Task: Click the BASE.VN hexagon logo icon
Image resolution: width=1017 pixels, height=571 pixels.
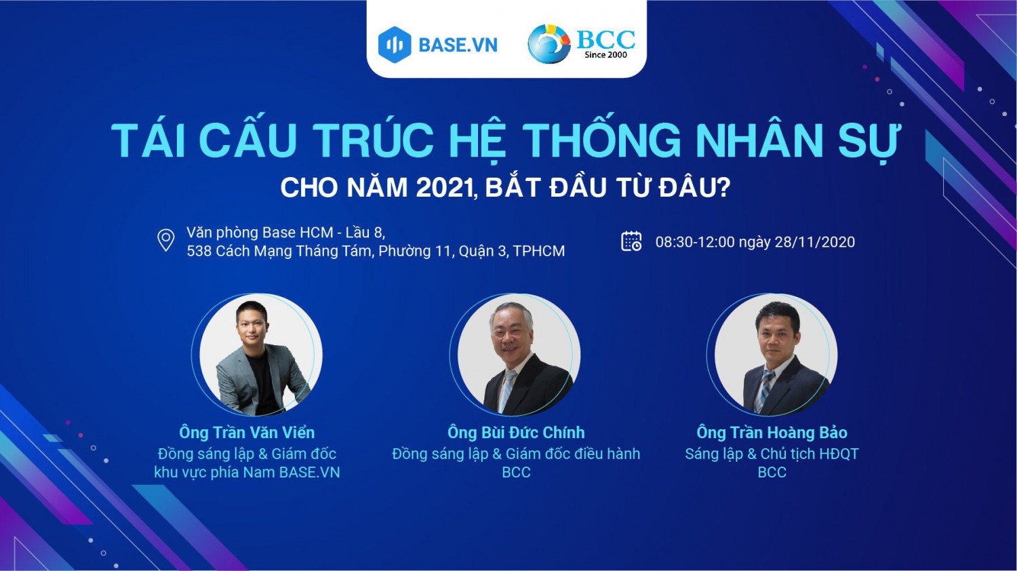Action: coord(395,45)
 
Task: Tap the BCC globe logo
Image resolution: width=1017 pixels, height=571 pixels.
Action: coord(549,44)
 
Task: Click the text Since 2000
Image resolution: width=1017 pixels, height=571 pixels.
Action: coord(605,55)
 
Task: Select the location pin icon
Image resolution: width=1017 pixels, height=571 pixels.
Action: coord(165,241)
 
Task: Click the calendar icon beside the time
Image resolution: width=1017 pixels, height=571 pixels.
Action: coord(631,241)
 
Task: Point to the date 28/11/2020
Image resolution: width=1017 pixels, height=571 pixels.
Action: coord(814,242)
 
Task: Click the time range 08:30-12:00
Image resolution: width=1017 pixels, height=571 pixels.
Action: coord(694,242)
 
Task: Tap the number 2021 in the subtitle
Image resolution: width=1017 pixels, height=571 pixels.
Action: coord(445,188)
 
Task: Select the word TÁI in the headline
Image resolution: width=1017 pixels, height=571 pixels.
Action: coord(149,141)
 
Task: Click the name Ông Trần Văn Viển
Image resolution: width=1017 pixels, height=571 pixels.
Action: coord(247,433)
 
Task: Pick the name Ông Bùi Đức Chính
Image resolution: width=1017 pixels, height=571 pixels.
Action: coord(516,433)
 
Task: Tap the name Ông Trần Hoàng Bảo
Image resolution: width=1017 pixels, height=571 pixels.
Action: coord(772,433)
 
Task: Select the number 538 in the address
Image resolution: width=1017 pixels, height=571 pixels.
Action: coord(199,252)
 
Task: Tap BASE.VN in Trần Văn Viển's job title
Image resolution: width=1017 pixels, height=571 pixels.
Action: coord(309,473)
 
